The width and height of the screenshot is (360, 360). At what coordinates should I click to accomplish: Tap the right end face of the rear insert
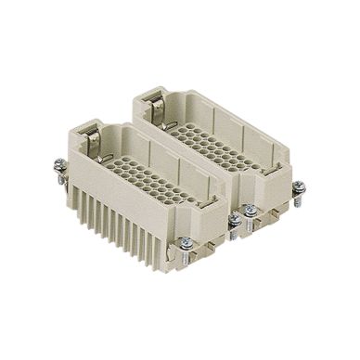278,186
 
